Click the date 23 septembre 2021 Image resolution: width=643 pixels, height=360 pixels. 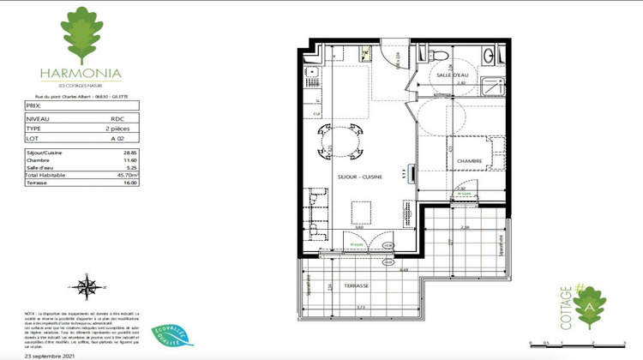coord(50,354)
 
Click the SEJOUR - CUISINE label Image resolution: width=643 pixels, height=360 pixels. coord(360,177)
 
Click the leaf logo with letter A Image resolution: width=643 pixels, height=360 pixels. coord(589,307)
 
